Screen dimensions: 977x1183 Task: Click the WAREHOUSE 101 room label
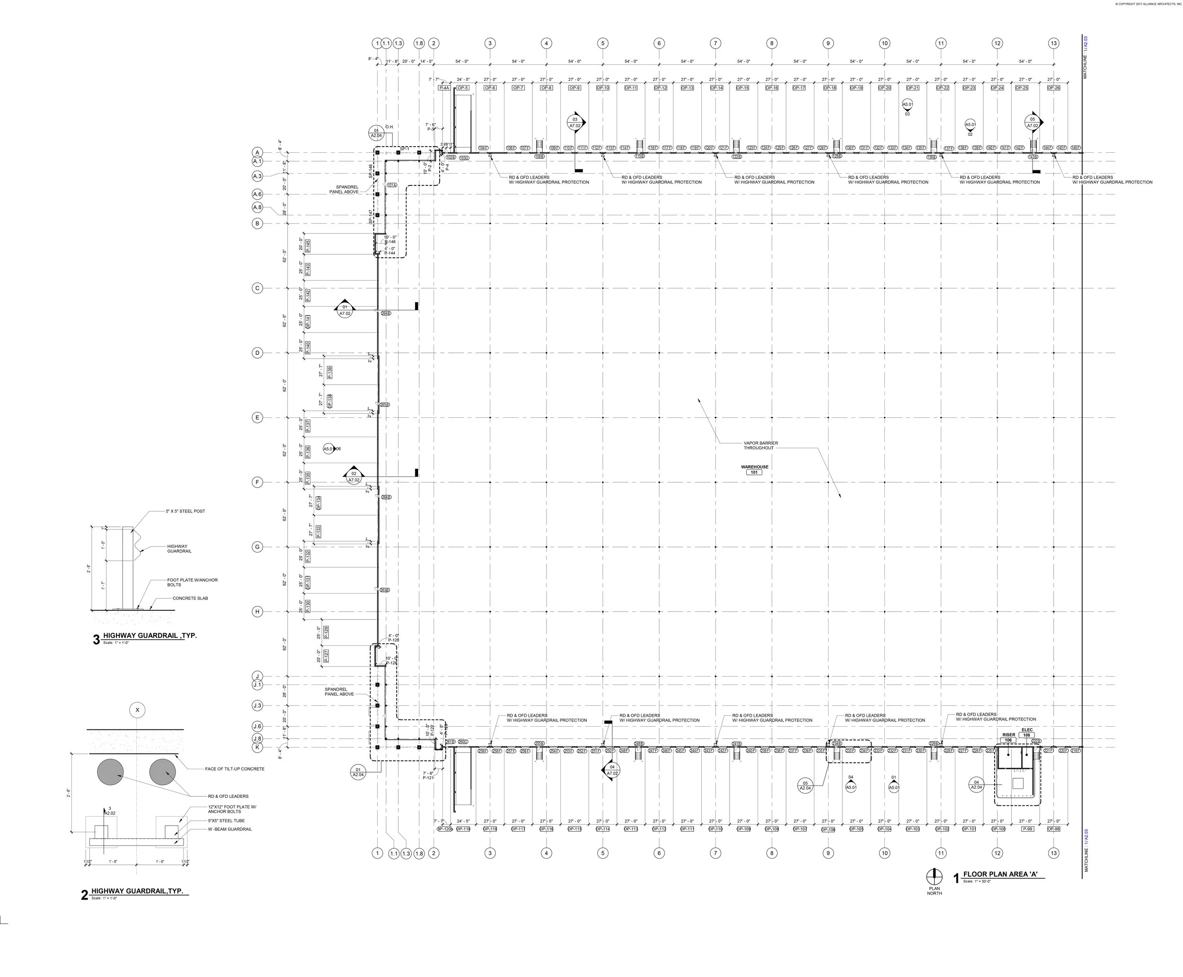coord(754,469)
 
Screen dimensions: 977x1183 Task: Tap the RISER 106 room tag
coord(1008,737)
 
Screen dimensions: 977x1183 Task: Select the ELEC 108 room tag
coord(1026,732)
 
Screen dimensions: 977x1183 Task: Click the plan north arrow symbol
coord(934,876)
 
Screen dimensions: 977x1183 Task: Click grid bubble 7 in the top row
coord(715,44)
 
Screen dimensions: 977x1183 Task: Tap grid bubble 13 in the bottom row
coord(1053,853)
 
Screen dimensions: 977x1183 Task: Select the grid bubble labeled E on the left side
coord(257,418)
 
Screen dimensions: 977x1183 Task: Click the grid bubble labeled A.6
coord(257,194)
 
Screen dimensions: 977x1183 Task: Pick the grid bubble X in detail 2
coord(137,710)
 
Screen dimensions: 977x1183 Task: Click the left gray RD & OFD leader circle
coord(110,772)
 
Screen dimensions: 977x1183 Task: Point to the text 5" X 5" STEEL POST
coord(185,511)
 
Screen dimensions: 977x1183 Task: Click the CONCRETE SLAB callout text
coord(190,598)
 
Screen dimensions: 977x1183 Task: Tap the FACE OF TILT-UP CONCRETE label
coord(234,769)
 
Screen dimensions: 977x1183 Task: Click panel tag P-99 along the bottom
coord(1028,829)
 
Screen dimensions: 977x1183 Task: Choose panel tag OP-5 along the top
coord(463,88)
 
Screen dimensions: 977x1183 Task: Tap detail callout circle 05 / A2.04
coord(805,786)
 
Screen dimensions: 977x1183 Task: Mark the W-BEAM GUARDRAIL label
coord(230,829)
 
